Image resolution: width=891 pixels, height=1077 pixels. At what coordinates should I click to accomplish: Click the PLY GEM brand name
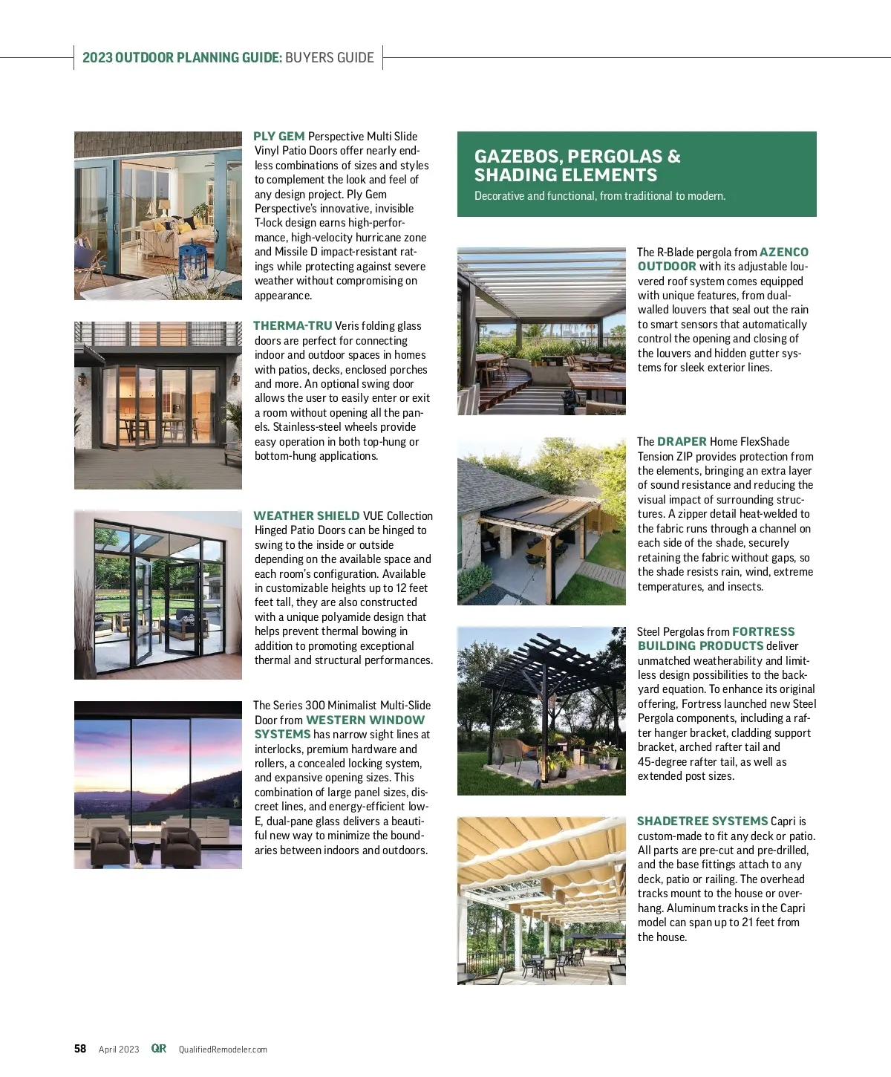[x=278, y=137]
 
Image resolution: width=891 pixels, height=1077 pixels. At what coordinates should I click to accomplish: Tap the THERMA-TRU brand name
[x=293, y=326]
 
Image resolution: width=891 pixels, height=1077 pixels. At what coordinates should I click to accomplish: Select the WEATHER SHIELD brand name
[x=306, y=515]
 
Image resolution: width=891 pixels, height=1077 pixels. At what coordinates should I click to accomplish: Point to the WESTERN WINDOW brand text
[x=365, y=720]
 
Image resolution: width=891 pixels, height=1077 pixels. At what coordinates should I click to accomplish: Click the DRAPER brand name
[x=682, y=441]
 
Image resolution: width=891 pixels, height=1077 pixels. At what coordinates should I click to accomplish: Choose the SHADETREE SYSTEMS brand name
[x=702, y=821]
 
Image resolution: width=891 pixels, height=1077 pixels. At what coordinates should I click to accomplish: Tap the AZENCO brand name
[x=783, y=253]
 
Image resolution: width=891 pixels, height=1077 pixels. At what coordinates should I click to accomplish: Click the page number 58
[x=80, y=1049]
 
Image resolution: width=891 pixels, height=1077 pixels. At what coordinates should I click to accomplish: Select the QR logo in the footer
[x=158, y=1049]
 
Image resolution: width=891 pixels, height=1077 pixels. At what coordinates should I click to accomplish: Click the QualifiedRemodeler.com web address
[x=223, y=1050]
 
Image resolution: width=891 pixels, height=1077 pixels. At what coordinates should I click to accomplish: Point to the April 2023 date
[x=119, y=1050]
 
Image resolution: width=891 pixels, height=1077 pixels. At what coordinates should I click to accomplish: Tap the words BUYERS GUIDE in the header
[x=330, y=58]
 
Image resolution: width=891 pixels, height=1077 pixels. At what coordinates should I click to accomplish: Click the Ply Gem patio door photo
[x=158, y=216]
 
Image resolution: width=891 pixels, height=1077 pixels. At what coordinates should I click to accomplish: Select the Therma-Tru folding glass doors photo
[x=158, y=406]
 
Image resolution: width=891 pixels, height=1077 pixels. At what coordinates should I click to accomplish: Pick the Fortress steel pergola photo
[x=541, y=711]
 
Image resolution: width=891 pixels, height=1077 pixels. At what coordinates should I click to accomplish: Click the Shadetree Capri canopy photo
[x=541, y=901]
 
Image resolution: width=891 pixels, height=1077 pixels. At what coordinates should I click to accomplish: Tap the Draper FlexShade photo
[x=541, y=521]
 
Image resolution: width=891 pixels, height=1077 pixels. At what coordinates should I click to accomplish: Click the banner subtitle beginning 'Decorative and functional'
[x=599, y=196]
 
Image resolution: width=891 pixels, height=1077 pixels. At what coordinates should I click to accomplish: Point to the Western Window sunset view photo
[x=158, y=785]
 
